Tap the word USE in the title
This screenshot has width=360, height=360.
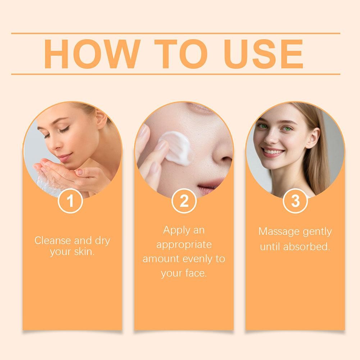263,54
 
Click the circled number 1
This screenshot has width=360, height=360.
70,201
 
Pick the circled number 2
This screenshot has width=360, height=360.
184,201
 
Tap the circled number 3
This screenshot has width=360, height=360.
295,201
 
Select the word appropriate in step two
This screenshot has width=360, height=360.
184,245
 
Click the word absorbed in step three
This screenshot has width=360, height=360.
306,247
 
